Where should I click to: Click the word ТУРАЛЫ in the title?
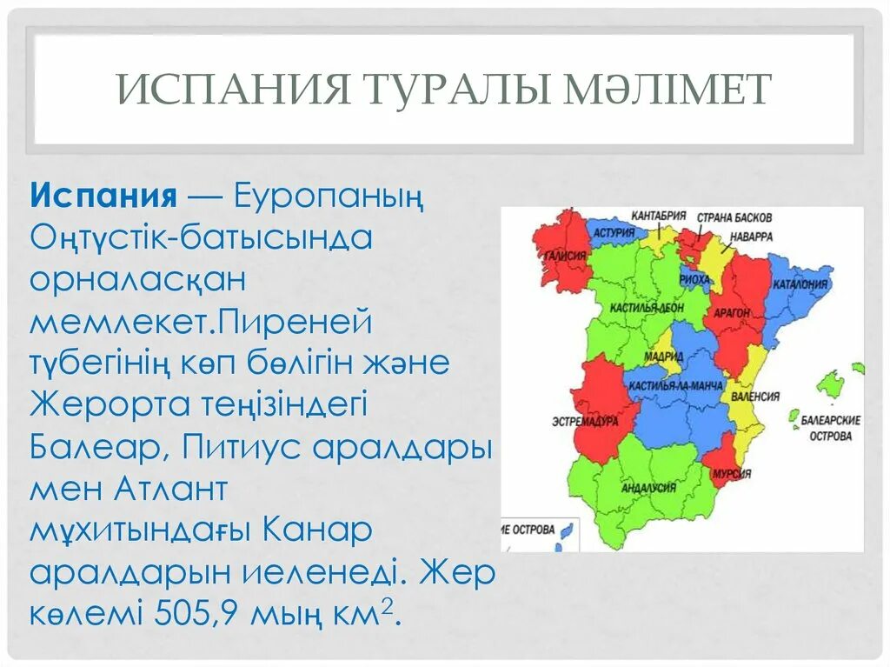(x=441, y=89)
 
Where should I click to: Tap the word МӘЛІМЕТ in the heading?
(x=666, y=89)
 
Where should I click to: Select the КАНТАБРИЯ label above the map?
(x=659, y=214)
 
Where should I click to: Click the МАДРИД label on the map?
(x=664, y=357)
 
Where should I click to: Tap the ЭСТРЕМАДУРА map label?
(x=584, y=421)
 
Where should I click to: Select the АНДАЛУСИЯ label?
(x=648, y=488)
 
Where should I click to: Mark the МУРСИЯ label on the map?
(x=730, y=475)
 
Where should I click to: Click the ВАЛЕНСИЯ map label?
(x=756, y=397)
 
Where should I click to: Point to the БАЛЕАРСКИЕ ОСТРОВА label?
(x=830, y=427)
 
